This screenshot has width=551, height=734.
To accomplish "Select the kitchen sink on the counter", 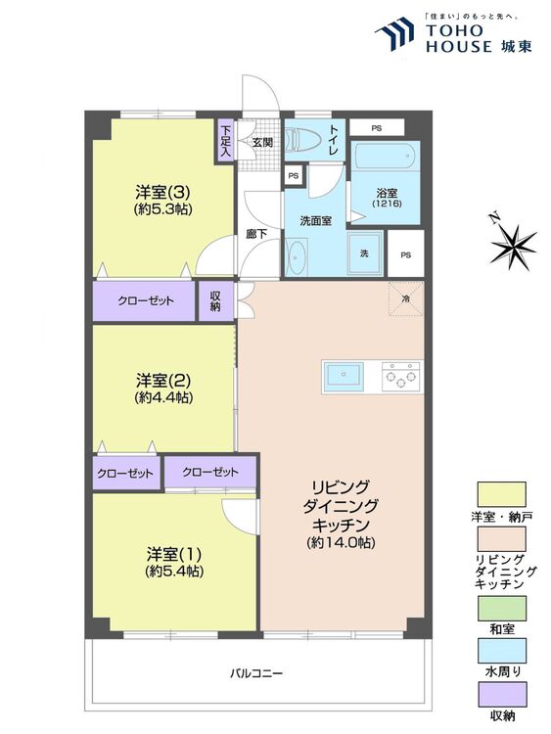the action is click(344, 377).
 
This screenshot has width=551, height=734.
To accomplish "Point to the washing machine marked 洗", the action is click(365, 253).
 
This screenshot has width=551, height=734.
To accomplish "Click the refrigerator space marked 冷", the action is click(406, 298).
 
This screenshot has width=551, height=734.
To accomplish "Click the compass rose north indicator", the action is click(513, 243).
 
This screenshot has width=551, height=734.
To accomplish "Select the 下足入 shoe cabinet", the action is click(226, 140).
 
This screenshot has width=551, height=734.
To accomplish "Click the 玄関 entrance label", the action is click(262, 142).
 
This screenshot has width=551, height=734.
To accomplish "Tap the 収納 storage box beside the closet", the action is click(216, 301).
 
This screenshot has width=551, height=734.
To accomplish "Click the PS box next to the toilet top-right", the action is click(377, 127).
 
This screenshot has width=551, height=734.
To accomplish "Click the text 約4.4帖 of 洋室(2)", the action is click(163, 397).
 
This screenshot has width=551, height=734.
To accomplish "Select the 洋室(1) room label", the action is click(174, 554).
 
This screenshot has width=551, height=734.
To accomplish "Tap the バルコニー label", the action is click(256, 673).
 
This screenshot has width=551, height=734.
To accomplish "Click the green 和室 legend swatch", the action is click(502, 608).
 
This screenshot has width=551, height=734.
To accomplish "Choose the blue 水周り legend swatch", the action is click(502, 651).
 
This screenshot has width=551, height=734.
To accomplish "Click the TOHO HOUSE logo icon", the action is click(393, 33).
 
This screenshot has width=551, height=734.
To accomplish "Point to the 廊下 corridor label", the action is click(256, 234).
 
